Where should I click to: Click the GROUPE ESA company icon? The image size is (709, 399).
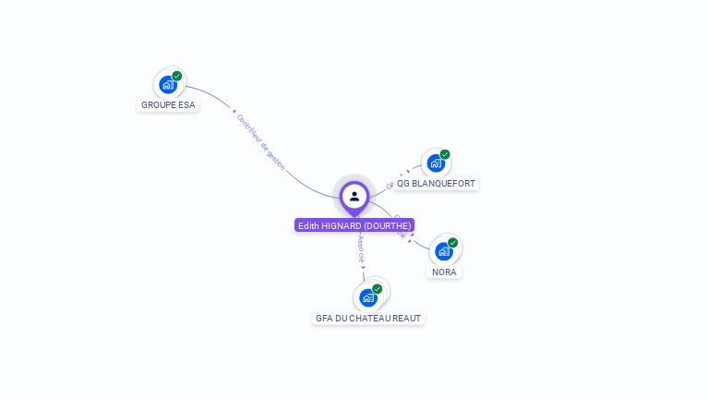(167, 85)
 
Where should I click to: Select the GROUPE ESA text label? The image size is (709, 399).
(168, 105)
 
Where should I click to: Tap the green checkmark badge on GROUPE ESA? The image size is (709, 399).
(177, 76)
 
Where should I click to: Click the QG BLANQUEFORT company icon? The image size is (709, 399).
(435, 163)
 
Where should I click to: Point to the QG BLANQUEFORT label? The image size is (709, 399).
(436, 184)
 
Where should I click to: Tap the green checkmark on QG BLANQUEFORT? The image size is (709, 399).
(445, 154)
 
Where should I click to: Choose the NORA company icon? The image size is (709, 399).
(444, 251)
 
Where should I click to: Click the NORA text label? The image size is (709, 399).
(444, 272)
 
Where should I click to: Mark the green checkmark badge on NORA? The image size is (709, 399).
(453, 242)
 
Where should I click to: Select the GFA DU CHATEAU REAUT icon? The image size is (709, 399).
(368, 297)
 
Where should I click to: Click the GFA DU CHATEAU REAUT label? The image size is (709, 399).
(368, 319)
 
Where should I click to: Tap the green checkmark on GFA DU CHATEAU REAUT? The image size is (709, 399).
(378, 289)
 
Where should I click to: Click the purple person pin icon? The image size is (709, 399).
(354, 196)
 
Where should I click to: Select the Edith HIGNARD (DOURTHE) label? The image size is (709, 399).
(354, 225)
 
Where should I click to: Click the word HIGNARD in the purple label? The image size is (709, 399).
(342, 225)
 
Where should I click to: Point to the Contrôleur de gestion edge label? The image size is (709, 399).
(260, 143)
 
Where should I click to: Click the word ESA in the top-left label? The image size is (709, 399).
(186, 105)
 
